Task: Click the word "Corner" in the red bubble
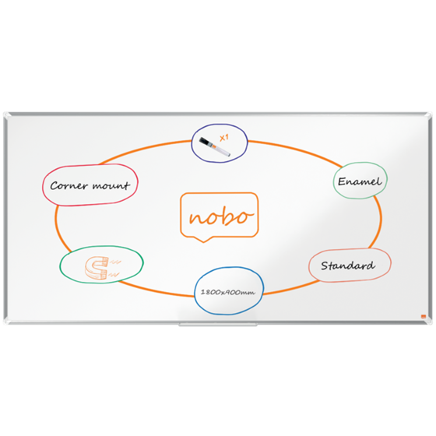point(69,186)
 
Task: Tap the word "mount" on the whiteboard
point(111,185)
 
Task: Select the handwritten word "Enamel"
point(360,181)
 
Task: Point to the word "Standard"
point(348,265)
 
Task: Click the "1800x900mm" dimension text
point(227,292)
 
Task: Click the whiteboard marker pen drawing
point(214,146)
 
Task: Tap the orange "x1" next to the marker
point(224,138)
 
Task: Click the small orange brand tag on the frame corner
point(424,316)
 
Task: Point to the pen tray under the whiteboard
point(218,325)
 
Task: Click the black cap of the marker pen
point(206,142)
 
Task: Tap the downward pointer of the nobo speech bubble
point(203,240)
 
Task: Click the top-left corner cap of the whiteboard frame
point(7,115)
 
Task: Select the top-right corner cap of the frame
point(429,115)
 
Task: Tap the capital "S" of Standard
point(325,265)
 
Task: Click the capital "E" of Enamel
point(342,181)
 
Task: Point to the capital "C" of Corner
point(54,186)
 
